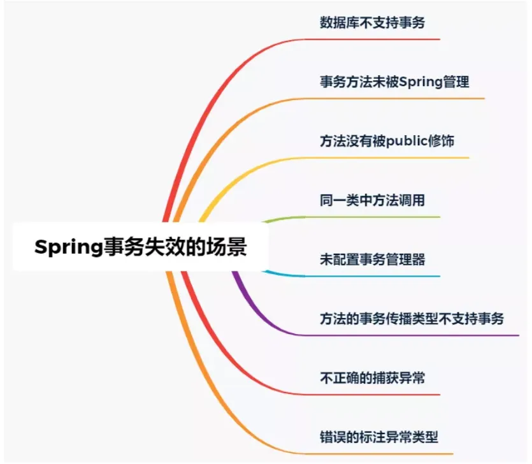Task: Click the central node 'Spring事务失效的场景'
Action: point(140,247)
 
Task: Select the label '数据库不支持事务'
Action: point(372,24)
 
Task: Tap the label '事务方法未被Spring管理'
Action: point(394,82)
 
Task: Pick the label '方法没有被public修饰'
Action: point(387,141)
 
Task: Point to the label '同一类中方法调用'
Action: point(372,200)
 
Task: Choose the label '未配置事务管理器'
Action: point(372,259)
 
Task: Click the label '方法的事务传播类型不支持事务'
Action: point(412,318)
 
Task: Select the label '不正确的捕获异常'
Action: point(372,378)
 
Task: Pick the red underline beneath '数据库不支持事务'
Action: point(376,40)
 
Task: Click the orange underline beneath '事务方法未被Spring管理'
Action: point(395,99)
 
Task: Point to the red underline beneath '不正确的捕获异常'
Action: point(376,395)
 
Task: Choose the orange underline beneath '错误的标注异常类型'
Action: point(382,454)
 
